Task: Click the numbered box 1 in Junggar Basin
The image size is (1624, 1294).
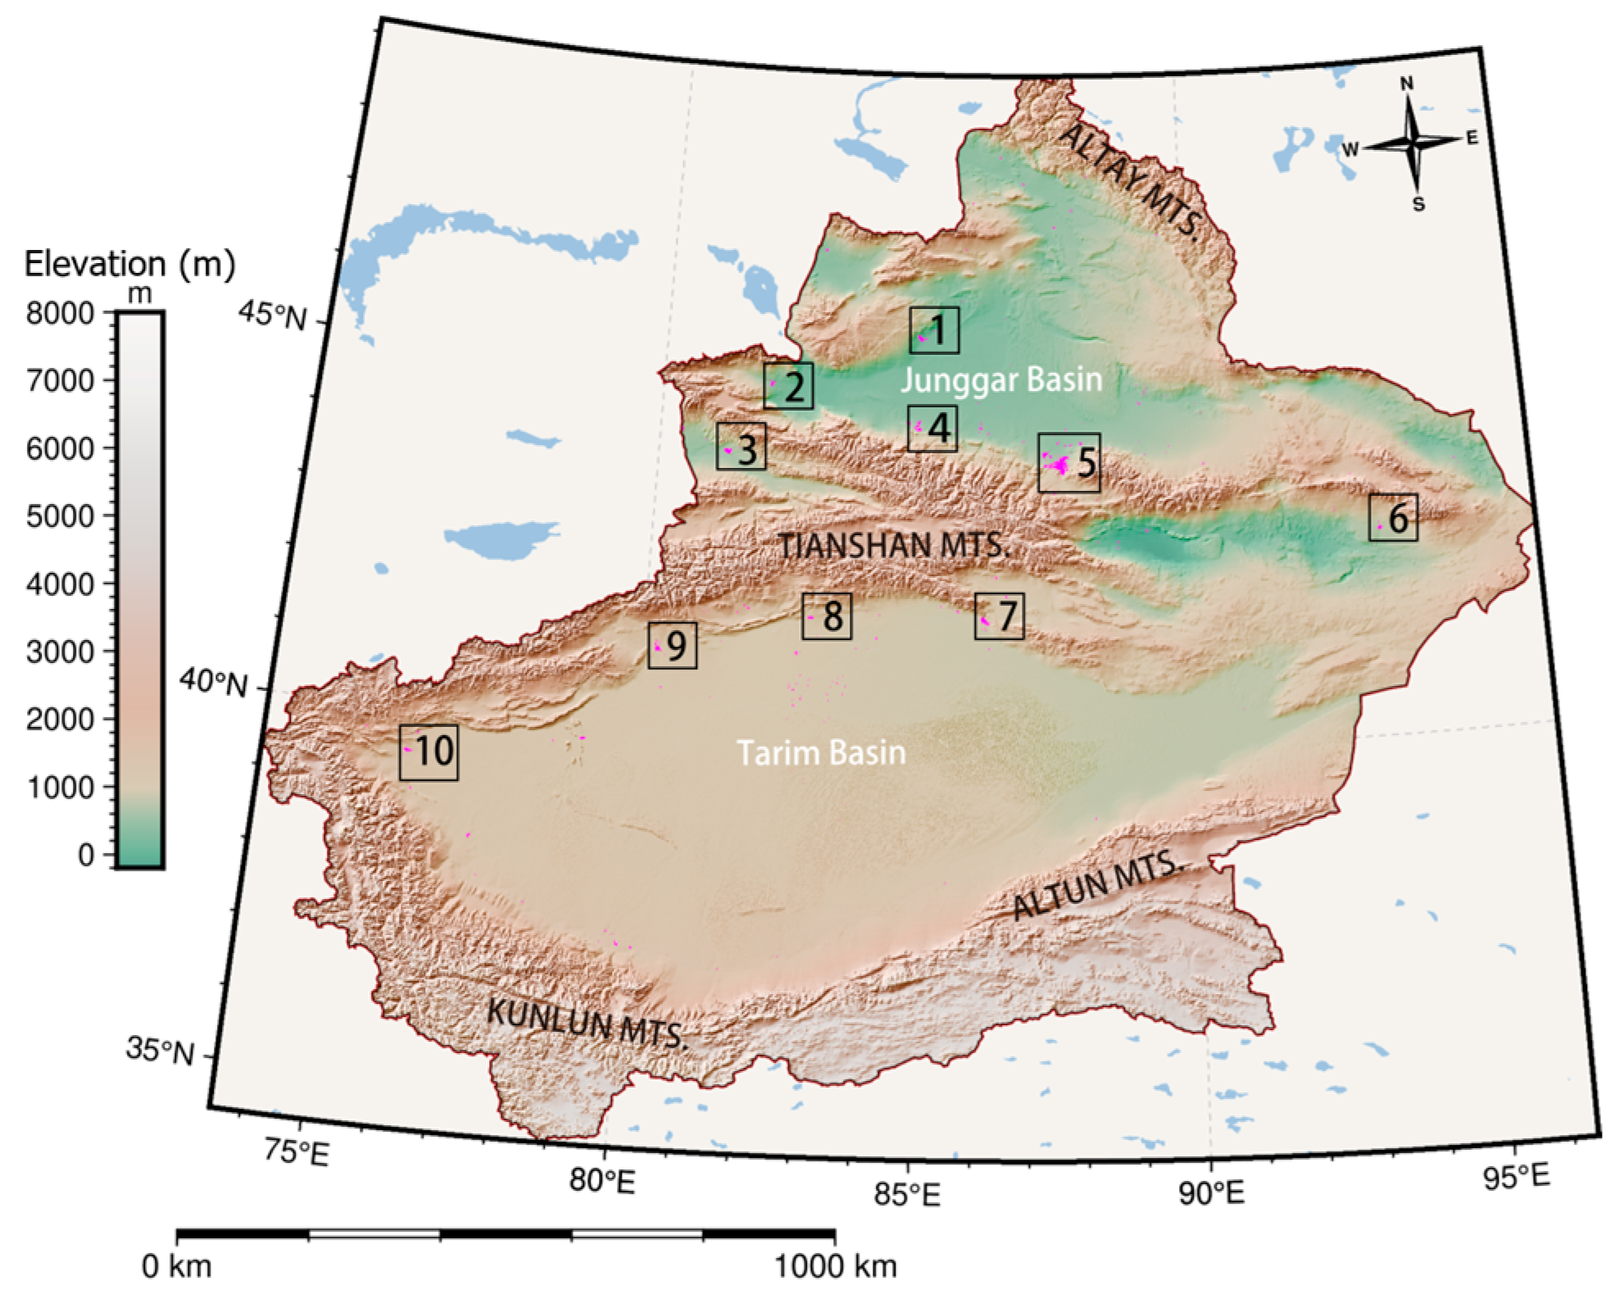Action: pyautogui.click(x=933, y=330)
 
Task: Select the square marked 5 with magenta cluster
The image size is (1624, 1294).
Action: pyautogui.click(x=1068, y=462)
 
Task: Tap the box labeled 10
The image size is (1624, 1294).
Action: pyautogui.click(x=429, y=751)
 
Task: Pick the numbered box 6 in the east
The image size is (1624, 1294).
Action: pyautogui.click(x=1393, y=517)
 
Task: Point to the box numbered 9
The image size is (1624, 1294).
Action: pyautogui.click(x=672, y=646)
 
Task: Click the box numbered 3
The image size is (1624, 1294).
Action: pyautogui.click(x=741, y=447)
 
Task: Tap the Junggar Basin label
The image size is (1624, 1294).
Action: pyautogui.click(x=1001, y=380)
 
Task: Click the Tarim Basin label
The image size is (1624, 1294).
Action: pyautogui.click(x=821, y=752)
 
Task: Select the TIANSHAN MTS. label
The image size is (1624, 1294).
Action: pyautogui.click(x=892, y=545)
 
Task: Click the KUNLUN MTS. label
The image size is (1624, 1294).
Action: pyautogui.click(x=587, y=1024)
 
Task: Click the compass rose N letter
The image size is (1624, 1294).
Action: pyautogui.click(x=1406, y=84)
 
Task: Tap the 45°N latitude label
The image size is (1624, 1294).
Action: pyautogui.click(x=272, y=314)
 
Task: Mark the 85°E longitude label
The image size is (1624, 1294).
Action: pyautogui.click(x=906, y=1195)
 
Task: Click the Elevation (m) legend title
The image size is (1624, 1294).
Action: pyautogui.click(x=129, y=264)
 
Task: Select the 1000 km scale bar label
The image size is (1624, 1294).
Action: pyautogui.click(x=835, y=1266)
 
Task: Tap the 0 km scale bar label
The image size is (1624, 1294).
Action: pyautogui.click(x=176, y=1266)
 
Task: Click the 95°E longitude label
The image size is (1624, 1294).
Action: pyautogui.click(x=1516, y=1178)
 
